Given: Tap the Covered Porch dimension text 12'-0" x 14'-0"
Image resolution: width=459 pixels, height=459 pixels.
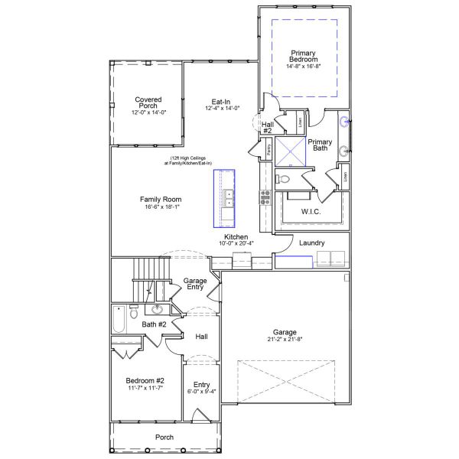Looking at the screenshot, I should (x=148, y=112).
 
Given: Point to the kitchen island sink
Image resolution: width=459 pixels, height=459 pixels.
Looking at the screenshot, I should (x=228, y=197).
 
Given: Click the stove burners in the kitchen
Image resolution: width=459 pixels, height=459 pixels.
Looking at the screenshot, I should (x=265, y=197).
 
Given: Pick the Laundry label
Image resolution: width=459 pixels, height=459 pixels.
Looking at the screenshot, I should (x=311, y=243).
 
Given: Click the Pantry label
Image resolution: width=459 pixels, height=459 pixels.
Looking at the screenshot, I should (x=270, y=150).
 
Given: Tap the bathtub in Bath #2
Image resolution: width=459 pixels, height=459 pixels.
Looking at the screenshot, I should (x=119, y=319).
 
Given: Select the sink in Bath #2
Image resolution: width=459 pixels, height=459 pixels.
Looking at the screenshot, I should (x=158, y=310).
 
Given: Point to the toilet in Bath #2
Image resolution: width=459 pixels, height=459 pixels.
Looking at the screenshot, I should (x=134, y=313).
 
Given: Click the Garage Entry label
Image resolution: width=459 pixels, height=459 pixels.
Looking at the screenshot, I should (x=195, y=284).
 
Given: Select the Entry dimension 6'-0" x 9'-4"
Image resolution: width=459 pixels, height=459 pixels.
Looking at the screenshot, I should (x=202, y=392).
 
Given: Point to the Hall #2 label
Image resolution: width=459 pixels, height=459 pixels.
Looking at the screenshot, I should (x=268, y=127).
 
